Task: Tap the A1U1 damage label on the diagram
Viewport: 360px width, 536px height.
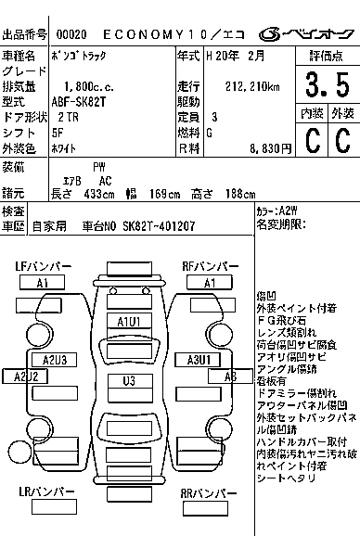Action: pos(128,321)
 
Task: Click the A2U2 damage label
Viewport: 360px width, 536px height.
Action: pos(25,376)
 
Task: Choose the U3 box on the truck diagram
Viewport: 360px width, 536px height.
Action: pos(128,380)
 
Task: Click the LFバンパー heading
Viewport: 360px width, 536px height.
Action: pos(43,267)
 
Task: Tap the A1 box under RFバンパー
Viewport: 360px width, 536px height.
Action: pos(210,283)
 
